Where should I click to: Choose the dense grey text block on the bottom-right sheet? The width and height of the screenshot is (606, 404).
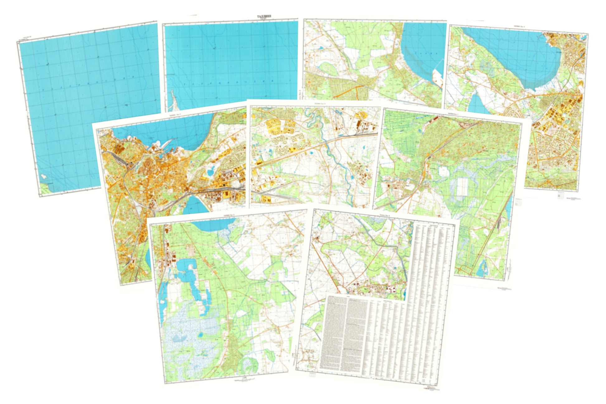(x=343, y=333)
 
